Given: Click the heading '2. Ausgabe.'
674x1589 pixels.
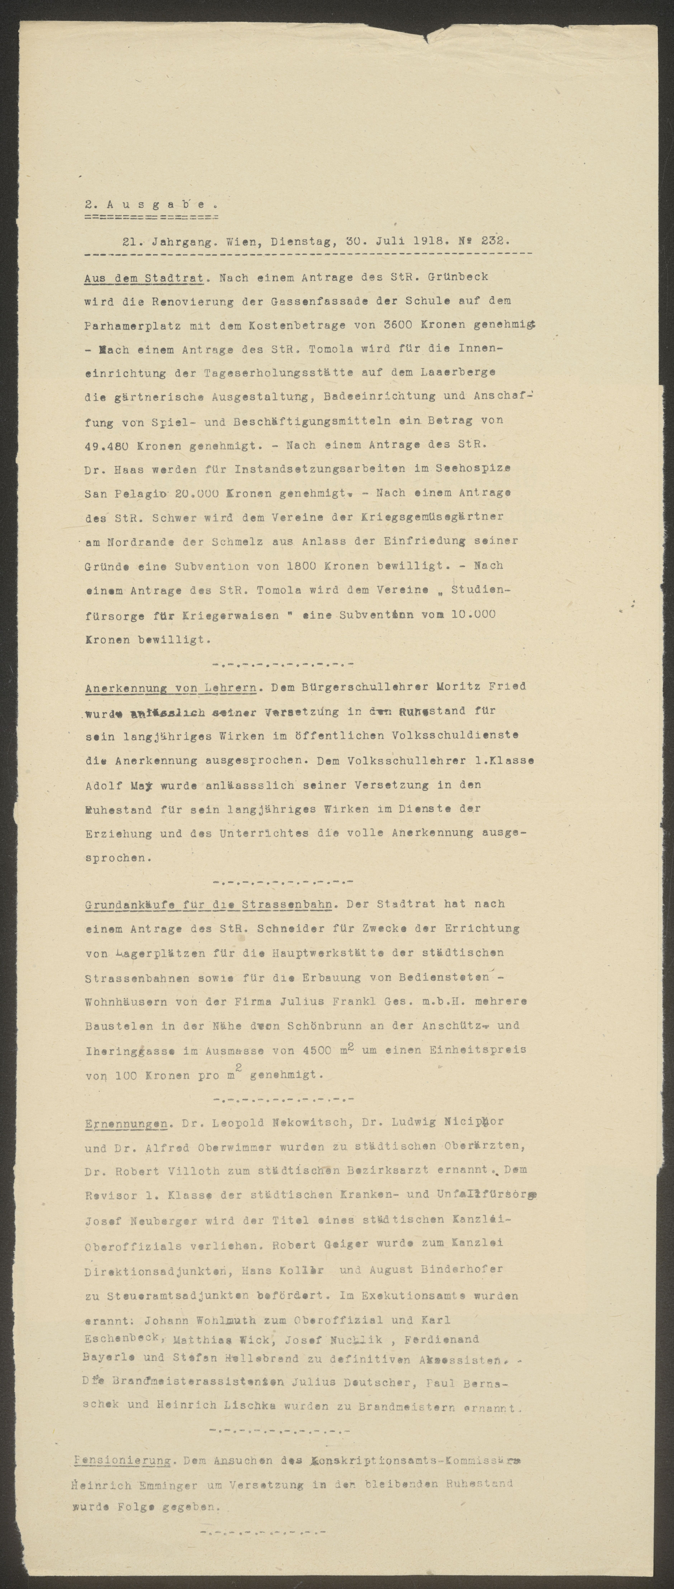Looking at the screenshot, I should [x=151, y=204].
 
